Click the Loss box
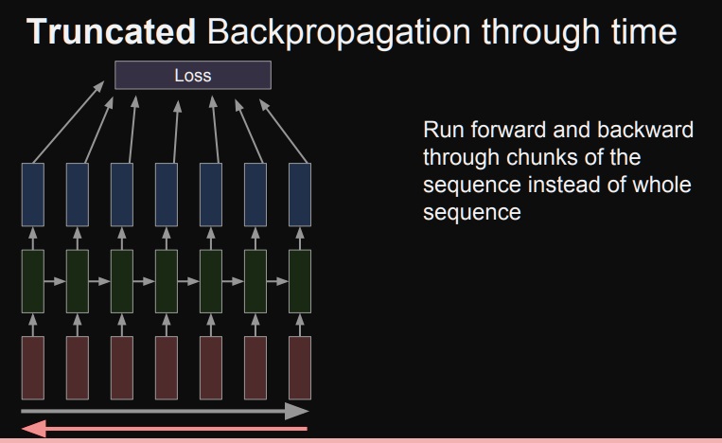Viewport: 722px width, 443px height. pos(192,75)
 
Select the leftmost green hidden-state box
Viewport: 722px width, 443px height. pos(32,280)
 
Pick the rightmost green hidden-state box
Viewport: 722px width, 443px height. pos(300,280)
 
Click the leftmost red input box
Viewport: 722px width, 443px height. pos(32,367)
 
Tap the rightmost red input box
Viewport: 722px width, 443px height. pos(300,367)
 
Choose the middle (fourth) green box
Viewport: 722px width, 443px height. pos(167,280)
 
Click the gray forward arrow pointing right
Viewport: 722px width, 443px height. pos(166,412)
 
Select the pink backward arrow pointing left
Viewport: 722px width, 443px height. pos(166,431)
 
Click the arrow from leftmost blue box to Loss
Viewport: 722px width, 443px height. pos(68,121)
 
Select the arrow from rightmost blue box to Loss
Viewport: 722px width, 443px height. pos(283,121)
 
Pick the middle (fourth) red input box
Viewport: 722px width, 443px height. pos(167,367)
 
